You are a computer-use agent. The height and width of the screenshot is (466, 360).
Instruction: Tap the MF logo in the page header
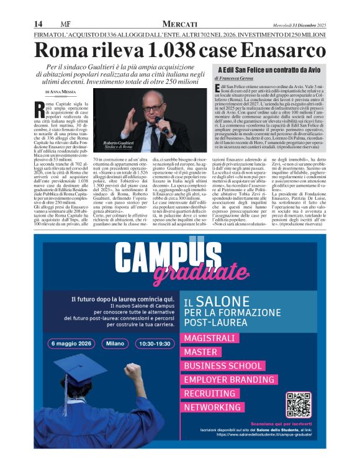click(x=63, y=24)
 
